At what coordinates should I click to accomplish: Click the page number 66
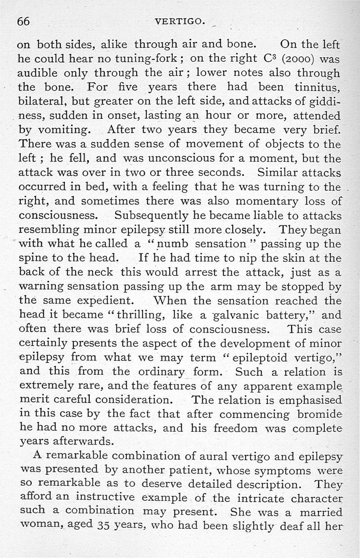(23, 21)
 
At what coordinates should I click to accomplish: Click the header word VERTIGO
(180, 21)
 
